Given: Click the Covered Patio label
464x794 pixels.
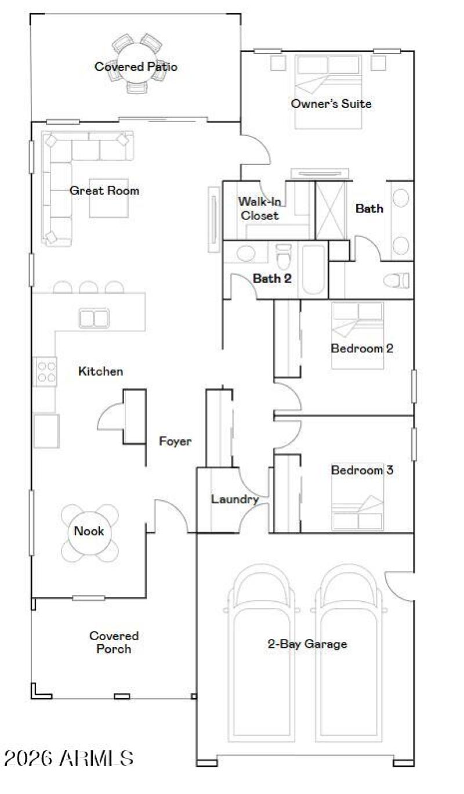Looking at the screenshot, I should (136, 67).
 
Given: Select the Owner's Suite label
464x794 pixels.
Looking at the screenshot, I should (331, 104).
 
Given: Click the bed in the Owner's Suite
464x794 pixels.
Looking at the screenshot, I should (328, 91).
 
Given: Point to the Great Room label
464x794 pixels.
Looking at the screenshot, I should (104, 190).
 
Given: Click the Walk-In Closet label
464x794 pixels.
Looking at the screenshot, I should (259, 208).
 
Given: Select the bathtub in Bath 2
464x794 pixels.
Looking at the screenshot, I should (313, 270).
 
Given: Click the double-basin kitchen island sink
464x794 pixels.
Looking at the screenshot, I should (94, 318).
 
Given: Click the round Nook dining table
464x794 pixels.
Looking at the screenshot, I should (89, 532).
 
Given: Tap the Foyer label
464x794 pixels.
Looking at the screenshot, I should (175, 442).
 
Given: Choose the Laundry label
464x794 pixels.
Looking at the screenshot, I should (234, 499).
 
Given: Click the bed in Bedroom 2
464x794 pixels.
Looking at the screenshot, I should (357, 335).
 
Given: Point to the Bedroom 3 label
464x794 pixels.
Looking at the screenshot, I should (362, 470).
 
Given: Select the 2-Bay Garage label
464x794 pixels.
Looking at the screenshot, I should (307, 644).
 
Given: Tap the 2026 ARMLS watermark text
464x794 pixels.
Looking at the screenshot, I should (68, 758).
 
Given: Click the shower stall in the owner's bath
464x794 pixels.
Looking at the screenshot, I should (330, 210).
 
